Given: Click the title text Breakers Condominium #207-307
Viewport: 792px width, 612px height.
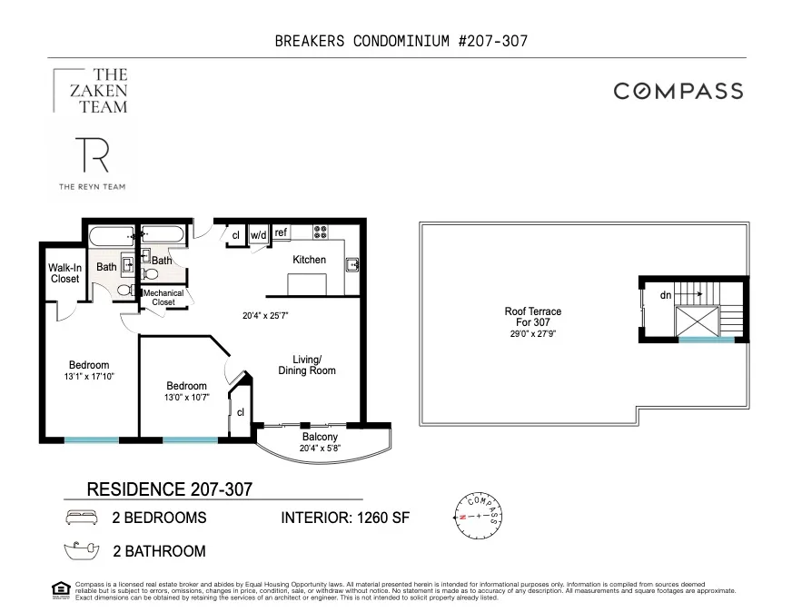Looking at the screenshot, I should pyautogui.click(x=401, y=41).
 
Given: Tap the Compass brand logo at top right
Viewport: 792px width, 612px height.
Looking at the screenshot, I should pyautogui.click(x=678, y=91).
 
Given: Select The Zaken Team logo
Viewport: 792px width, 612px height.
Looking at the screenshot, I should pyautogui.click(x=91, y=91).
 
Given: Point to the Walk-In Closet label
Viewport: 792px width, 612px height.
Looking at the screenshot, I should pyautogui.click(x=64, y=273).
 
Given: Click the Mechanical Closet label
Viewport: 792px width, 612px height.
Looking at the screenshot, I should pyautogui.click(x=163, y=297).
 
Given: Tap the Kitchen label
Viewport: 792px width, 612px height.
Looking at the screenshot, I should pyautogui.click(x=309, y=260).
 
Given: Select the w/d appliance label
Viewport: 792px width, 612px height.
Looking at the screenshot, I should pyautogui.click(x=258, y=234).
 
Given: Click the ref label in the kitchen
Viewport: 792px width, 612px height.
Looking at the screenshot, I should pyautogui.click(x=281, y=233).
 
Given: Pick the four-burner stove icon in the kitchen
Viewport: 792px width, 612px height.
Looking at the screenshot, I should pyautogui.click(x=321, y=232).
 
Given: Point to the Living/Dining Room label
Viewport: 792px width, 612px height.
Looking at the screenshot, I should pyautogui.click(x=307, y=364).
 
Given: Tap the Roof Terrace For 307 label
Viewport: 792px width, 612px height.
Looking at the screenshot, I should pyautogui.click(x=533, y=317).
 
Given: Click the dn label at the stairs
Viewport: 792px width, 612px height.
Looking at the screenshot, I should pyautogui.click(x=666, y=295).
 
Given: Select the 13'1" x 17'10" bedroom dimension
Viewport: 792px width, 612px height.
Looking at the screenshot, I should pyautogui.click(x=89, y=376).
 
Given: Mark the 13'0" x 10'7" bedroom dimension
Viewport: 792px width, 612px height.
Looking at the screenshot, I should pyautogui.click(x=185, y=397).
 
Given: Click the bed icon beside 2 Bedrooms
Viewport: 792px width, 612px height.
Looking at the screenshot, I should pyautogui.click(x=80, y=518).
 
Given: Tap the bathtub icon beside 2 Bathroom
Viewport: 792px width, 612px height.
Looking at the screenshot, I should pyautogui.click(x=80, y=550).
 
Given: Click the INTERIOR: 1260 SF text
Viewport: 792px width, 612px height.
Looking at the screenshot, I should pyautogui.click(x=345, y=518).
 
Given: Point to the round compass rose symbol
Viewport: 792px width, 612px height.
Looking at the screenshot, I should pyautogui.click(x=476, y=516).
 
